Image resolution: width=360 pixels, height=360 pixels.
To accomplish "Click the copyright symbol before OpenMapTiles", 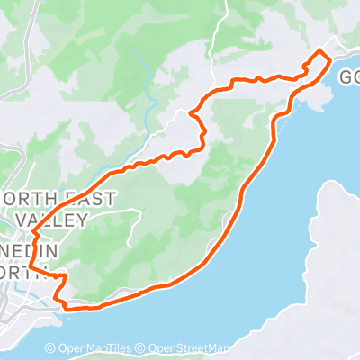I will click(x=51, y=348).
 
